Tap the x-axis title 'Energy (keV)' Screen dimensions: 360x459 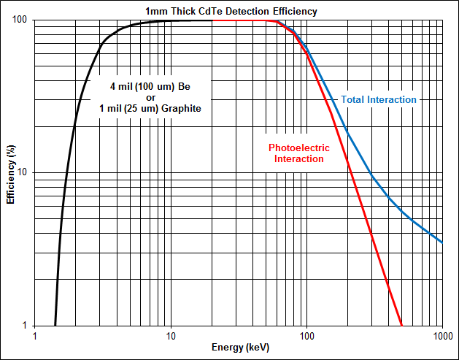coord(239,348)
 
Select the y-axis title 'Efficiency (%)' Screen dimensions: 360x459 coord(11,172)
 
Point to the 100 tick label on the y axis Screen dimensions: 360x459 coord(20,20)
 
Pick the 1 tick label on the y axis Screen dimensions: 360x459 coord(26,326)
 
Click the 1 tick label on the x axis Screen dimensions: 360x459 coord(34,336)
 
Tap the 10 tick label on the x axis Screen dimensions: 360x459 coord(170,336)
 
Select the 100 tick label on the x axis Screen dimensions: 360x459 coord(306,336)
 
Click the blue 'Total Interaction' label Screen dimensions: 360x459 coord(379,99)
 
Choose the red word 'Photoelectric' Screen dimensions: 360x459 coord(299,148)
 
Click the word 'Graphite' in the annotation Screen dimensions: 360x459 coord(180,108)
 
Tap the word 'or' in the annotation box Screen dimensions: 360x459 coord(151,97)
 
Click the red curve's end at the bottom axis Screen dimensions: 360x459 coord(401,325)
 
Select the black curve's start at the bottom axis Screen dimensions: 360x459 coord(55,325)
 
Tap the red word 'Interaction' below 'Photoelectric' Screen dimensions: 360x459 coord(299,158)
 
